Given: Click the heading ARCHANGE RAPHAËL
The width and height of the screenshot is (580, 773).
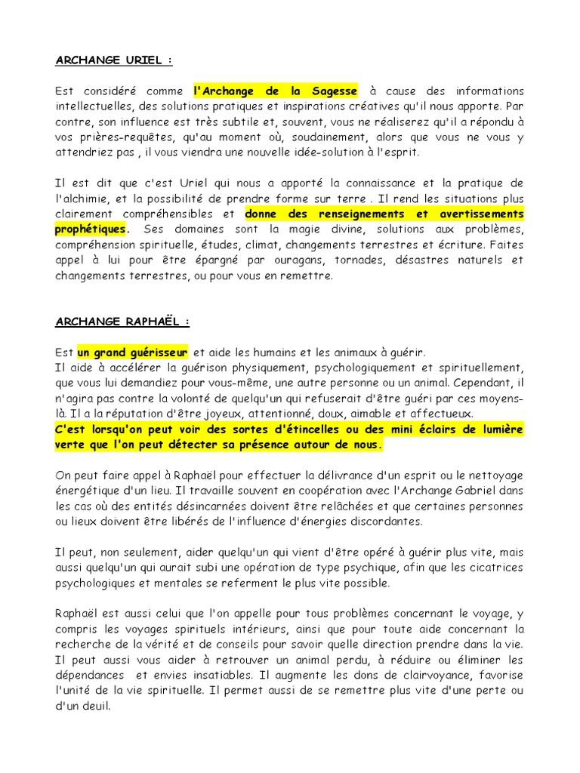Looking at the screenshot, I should pyautogui.click(x=122, y=321).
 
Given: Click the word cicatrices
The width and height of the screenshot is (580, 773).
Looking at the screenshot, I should pyautogui.click(x=490, y=568).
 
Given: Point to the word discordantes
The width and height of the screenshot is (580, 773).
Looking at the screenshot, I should pyautogui.click(x=384, y=522).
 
